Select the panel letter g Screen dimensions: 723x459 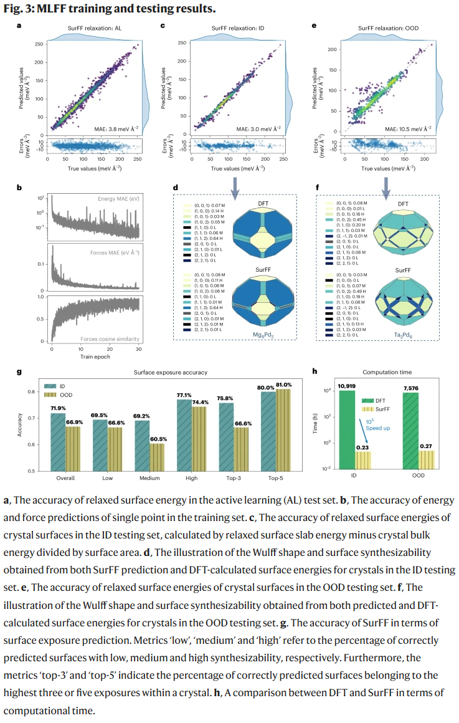pos(19,372)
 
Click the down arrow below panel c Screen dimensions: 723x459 pos(237,181)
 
